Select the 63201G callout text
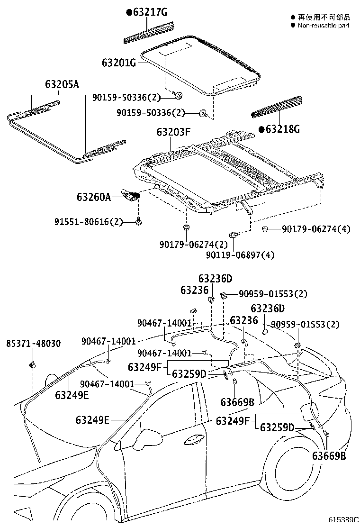pyautogui.click(x=119, y=63)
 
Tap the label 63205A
pyautogui.click(x=62, y=85)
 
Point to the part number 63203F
pyautogui.click(x=173, y=133)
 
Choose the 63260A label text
pyautogui.click(x=93, y=196)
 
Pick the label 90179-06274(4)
pyautogui.click(x=316, y=229)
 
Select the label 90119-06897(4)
pyautogui.click(x=240, y=255)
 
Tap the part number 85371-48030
pyautogui.click(x=33, y=343)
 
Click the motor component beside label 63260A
pyautogui.click(x=132, y=195)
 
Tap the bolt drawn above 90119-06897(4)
pyautogui.click(x=234, y=235)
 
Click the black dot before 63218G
pyautogui.click(x=261, y=128)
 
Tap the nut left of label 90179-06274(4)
pyautogui.click(x=266, y=230)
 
